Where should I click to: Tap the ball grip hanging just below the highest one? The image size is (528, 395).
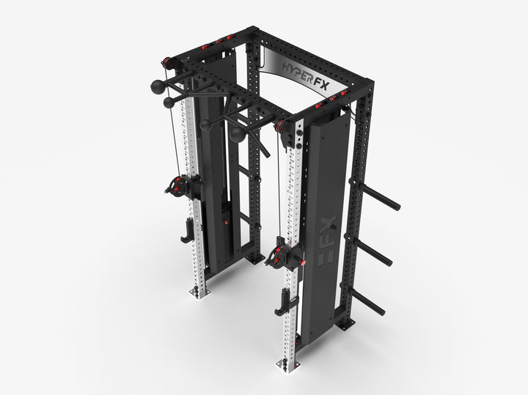[169, 102]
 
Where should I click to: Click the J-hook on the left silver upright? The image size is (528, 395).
[186, 232]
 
